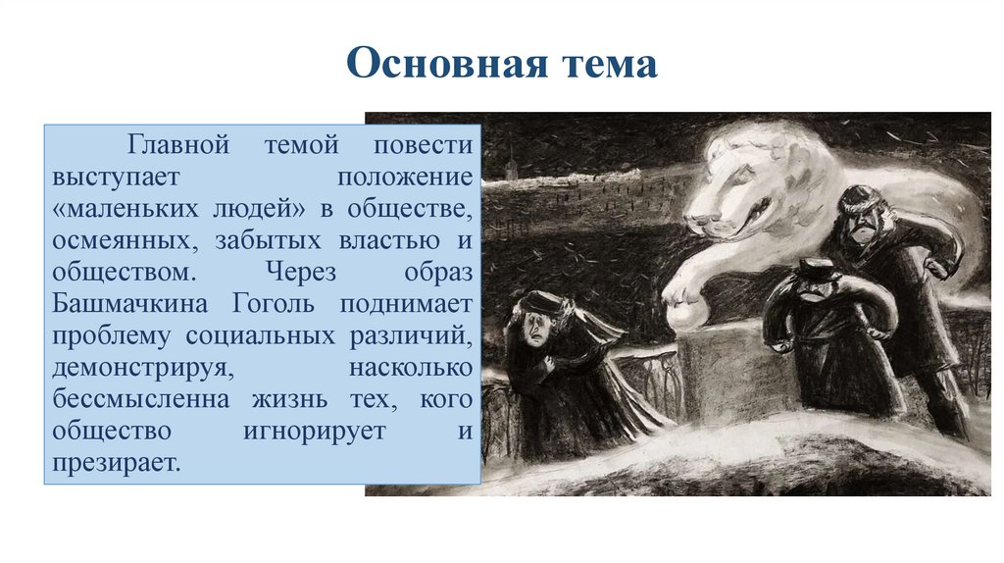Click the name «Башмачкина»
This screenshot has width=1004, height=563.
click(x=135, y=303)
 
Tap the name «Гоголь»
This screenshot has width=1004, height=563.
click(x=273, y=303)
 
